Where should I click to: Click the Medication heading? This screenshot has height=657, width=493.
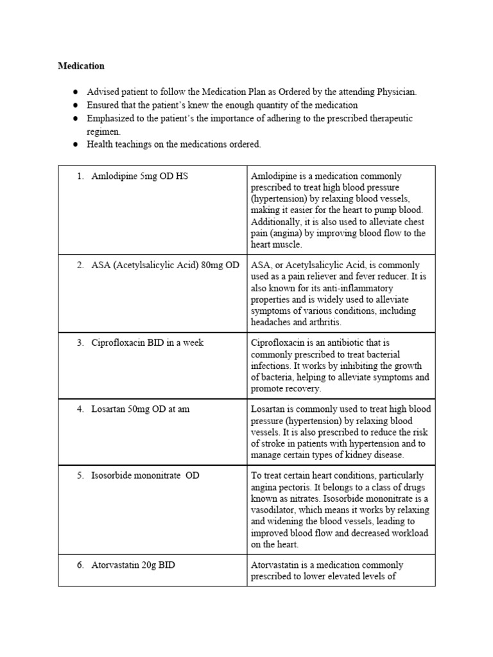pos(81,65)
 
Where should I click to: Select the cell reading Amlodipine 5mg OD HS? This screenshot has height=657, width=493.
pos(139,176)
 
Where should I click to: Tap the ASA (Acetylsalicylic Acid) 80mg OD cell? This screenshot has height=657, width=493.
pos(165,265)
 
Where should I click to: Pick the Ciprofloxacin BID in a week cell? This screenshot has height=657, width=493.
pos(147,343)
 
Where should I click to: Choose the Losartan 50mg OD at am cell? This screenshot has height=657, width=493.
pos(140,409)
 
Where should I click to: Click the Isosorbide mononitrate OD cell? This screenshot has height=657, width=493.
pos(145,476)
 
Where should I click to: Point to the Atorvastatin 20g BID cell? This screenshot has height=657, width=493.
pos(133,565)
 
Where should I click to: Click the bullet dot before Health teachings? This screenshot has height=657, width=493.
pos(74,144)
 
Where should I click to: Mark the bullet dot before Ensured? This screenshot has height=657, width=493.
pos(74,105)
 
